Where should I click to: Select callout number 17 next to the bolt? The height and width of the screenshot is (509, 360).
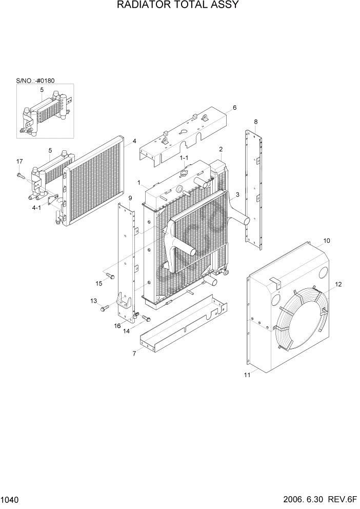pos(19,162)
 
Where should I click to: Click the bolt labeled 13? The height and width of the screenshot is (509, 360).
pos(105,308)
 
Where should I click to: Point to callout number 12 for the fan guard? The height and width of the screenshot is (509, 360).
pos(338,284)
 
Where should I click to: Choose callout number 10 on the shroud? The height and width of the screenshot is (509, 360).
pos(327,240)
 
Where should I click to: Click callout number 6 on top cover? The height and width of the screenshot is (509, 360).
pos(234,108)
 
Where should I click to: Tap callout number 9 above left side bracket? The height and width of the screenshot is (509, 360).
pos(130,198)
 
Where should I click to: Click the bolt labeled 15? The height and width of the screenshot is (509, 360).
pos(109,277)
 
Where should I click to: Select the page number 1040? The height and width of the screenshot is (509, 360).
pos(10,499)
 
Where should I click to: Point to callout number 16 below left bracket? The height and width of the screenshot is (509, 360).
pos(117,326)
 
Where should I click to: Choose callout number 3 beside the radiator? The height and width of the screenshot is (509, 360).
pos(237,195)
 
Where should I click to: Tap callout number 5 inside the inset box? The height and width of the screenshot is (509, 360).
pos(42,90)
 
